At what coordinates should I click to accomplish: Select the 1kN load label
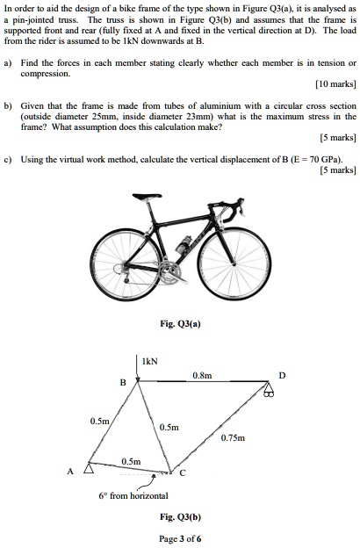point(150,361)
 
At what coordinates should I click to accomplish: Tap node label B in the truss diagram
point(124,382)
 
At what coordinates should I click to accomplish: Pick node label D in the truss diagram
point(281,375)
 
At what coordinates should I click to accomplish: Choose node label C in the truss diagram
point(182,474)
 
